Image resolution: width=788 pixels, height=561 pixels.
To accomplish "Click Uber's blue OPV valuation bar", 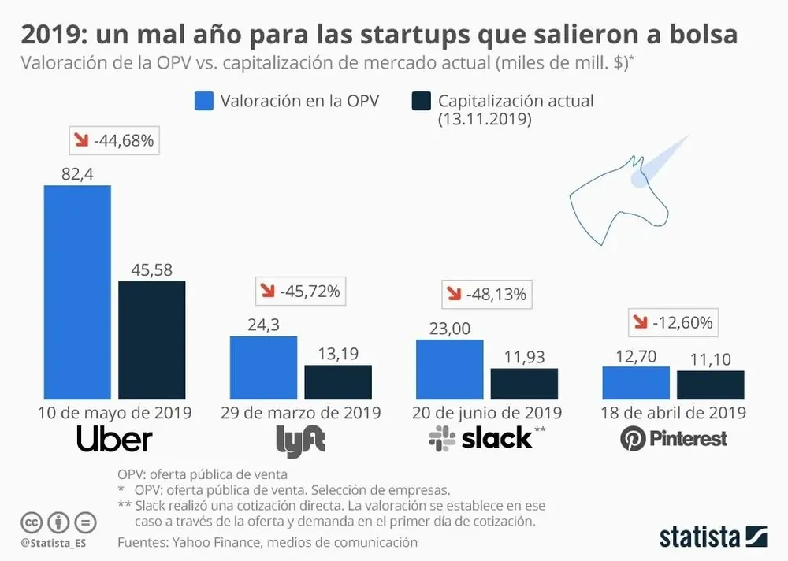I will (77, 292).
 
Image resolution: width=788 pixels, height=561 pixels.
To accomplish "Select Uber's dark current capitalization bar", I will (151, 340).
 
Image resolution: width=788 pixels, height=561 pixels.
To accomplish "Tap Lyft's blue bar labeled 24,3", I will (263, 367).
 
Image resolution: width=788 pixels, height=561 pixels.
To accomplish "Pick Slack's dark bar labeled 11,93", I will (524, 384).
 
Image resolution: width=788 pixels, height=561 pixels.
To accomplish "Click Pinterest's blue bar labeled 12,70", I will (636, 382).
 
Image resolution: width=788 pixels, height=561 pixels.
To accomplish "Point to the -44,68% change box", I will (115, 141).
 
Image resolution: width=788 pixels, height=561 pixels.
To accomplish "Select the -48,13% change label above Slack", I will (487, 294).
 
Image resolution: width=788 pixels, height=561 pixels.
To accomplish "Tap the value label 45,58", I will (151, 269).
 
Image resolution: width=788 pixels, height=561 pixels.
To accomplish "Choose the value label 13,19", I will (338, 353).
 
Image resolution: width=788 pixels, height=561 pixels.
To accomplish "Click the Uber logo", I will (114, 440).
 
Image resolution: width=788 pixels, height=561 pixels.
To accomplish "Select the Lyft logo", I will (300, 441).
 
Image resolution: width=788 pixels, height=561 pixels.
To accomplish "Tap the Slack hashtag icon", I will (442, 439).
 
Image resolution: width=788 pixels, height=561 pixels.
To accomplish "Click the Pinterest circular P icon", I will (633, 439).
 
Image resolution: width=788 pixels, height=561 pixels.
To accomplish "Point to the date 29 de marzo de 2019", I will (300, 412).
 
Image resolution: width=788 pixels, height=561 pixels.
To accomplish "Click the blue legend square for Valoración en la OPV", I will (203, 101).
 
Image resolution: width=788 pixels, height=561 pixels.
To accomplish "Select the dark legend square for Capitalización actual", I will (421, 101).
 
